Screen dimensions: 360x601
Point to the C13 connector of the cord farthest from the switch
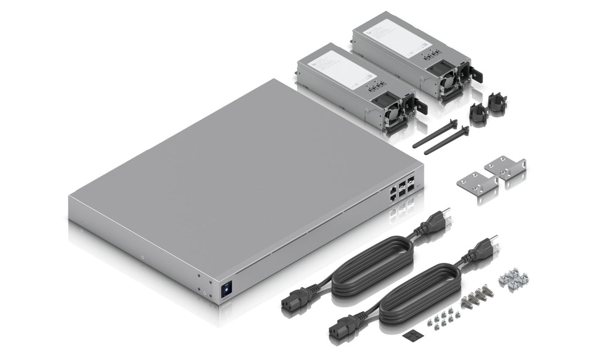(x=340, y=329)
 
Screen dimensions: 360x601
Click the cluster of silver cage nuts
(x=513, y=279)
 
